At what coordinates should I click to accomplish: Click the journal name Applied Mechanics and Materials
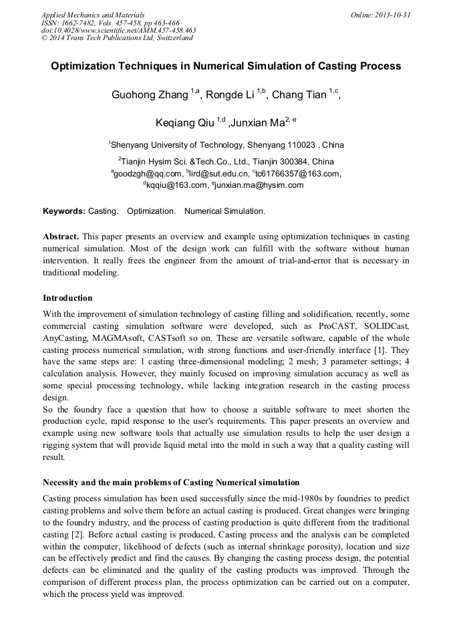(x=92, y=14)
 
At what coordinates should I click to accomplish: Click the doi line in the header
(x=118, y=30)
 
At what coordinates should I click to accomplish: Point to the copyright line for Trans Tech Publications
(x=116, y=38)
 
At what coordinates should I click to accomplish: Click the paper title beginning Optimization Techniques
(x=226, y=66)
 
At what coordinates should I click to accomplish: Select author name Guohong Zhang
(x=150, y=95)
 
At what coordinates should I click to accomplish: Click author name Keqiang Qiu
(x=180, y=123)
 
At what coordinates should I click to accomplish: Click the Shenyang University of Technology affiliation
(x=227, y=144)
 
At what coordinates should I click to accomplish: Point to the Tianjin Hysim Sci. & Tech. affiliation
(x=227, y=161)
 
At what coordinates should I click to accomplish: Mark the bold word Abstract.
(x=61, y=237)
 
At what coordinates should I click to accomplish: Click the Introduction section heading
(x=67, y=297)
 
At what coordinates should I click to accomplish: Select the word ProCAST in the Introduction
(x=338, y=326)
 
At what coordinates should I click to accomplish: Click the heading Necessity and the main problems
(x=171, y=482)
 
